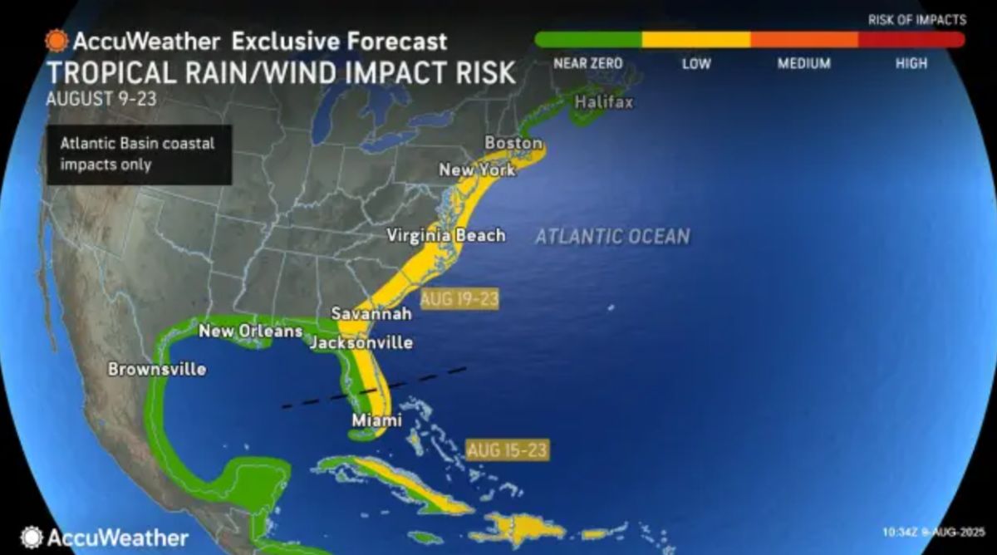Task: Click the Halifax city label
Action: [604, 102]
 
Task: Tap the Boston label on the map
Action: [513, 143]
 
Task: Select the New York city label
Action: [477, 169]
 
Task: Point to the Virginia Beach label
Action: [446, 235]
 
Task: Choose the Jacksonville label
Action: [361, 342]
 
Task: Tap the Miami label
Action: [376, 420]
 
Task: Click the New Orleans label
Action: [250, 332]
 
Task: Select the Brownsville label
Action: [157, 369]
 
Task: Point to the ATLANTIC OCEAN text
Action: [612, 236]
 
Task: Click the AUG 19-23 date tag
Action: [459, 299]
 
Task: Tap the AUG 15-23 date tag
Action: [507, 450]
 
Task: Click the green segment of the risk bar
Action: [588, 39]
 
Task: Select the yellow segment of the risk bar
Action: [696, 39]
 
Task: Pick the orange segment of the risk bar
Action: [804, 39]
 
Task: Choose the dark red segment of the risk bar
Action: [911, 39]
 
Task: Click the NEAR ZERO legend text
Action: [587, 63]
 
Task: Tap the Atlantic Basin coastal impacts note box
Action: [139, 154]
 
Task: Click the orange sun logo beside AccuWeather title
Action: [56, 41]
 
